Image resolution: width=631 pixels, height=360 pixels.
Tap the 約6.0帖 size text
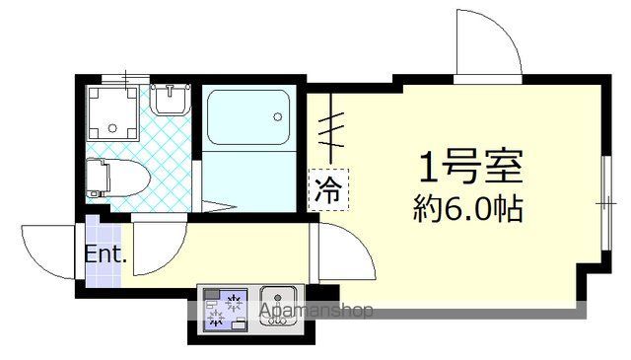[467, 209]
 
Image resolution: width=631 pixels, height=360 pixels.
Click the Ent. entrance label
[105, 253]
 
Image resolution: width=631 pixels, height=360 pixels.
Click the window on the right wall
[603, 203]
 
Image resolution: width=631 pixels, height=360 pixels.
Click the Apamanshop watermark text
[315, 313]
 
